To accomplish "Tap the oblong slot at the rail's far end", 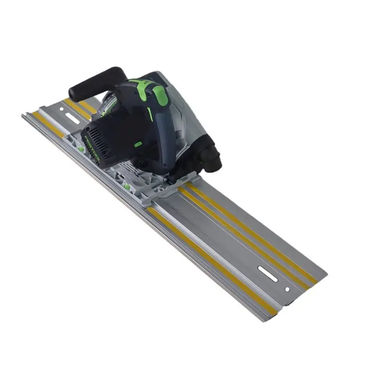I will (x=268, y=274).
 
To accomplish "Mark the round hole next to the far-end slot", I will (x=287, y=290).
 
